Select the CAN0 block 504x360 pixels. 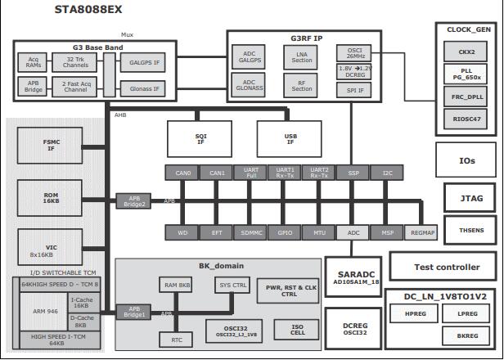tap(182, 173)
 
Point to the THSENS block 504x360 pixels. tap(470, 230)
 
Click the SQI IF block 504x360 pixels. tap(200, 140)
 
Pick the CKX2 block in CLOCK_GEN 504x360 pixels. tap(466, 51)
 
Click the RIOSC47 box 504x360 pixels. tap(466, 119)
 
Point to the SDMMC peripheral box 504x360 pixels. tap(250, 232)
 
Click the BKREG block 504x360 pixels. tap(467, 335)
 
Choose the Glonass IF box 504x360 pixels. tap(144, 86)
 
